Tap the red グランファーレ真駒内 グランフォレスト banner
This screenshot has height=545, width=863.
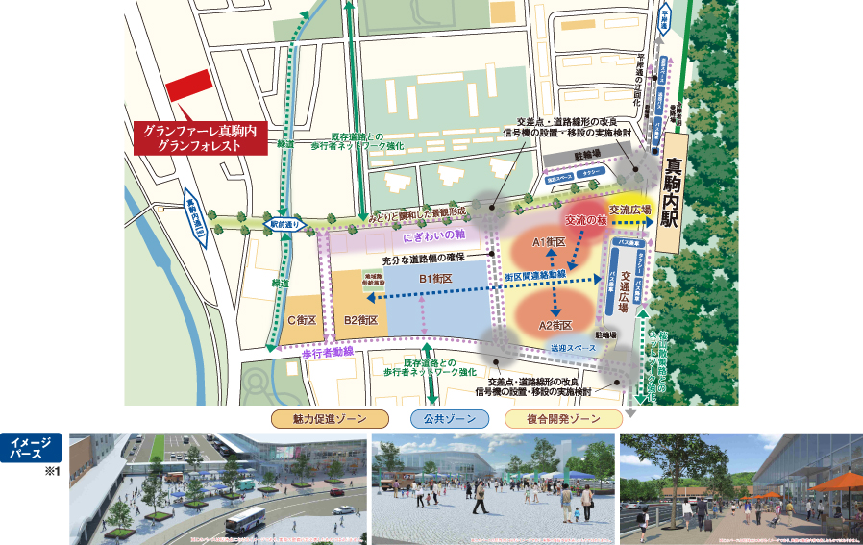pyautogui.click(x=194, y=136)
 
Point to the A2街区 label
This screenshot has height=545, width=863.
pyautogui.click(x=555, y=325)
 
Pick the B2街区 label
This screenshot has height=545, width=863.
pyautogui.click(x=360, y=320)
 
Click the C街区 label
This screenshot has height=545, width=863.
pyautogui.click(x=302, y=320)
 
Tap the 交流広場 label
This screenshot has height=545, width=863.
pyautogui.click(x=630, y=209)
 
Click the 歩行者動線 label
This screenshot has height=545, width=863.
pyautogui.click(x=328, y=353)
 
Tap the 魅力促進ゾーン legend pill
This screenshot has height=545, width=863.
pyautogui.click(x=331, y=419)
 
